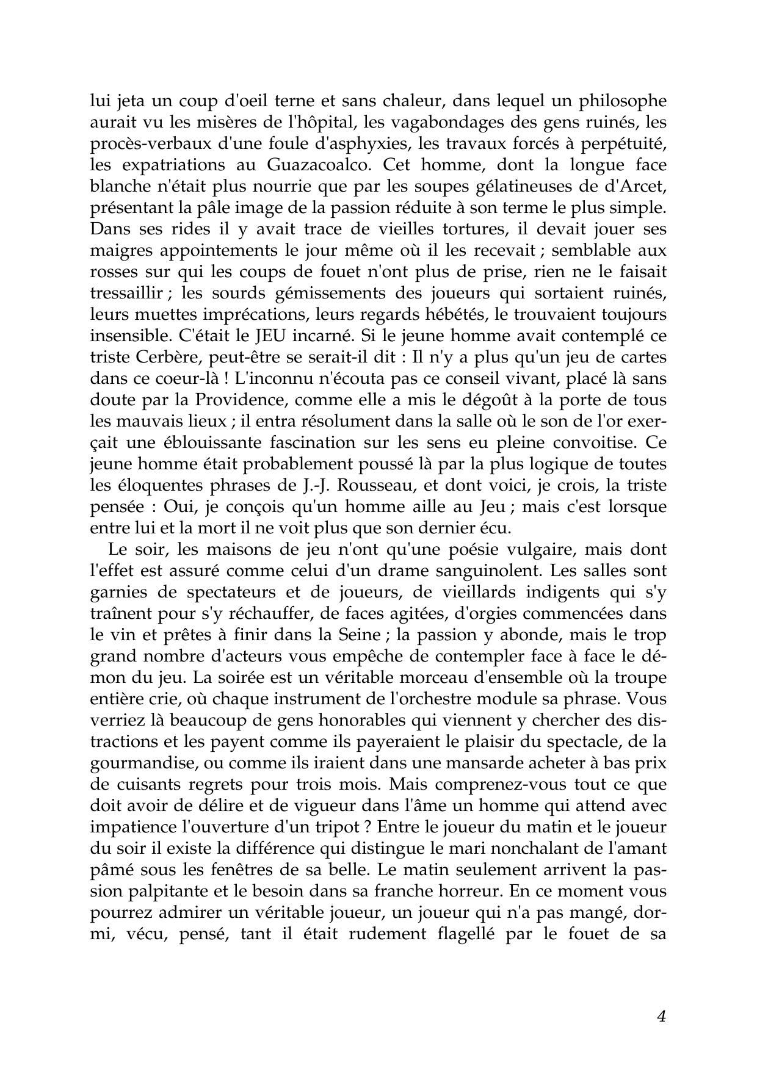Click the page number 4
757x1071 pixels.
tap(661, 1016)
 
